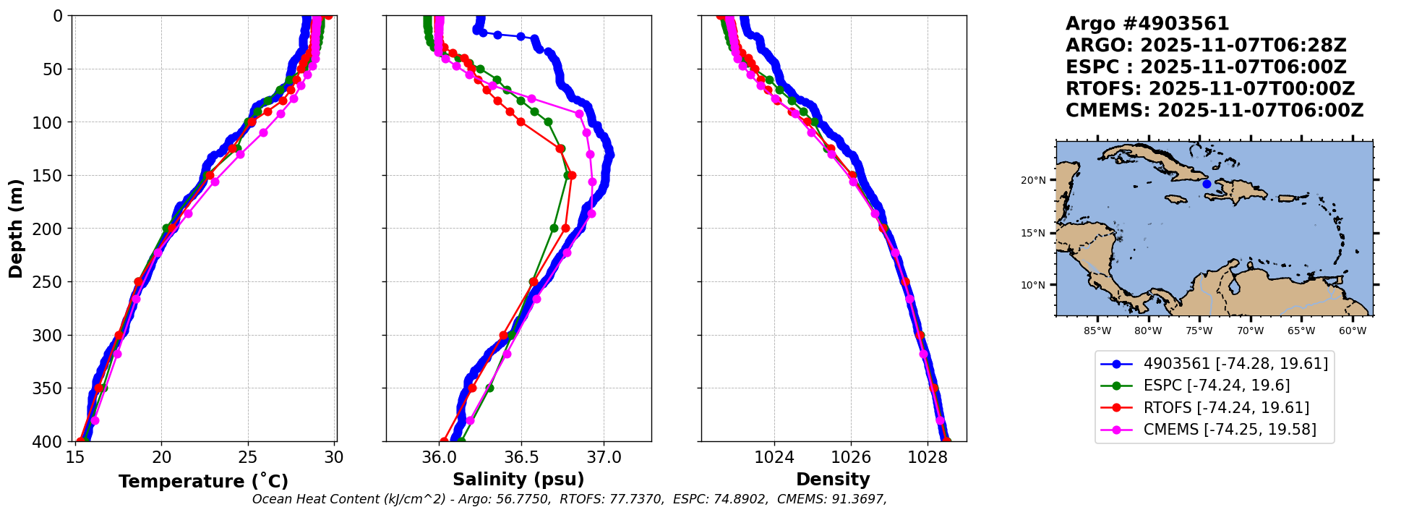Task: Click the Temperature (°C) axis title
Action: coord(203,482)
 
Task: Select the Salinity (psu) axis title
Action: coord(518,480)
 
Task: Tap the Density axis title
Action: coord(833,480)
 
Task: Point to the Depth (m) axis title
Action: coord(16,229)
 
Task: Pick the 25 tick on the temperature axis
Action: coord(248,458)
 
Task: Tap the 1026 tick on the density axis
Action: coord(851,458)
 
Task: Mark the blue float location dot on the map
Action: coord(1207,184)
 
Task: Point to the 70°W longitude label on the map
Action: coord(1250,331)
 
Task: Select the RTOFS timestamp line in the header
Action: coord(1210,89)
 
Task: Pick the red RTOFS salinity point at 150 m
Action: coord(572,176)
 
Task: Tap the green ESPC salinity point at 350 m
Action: coord(489,388)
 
